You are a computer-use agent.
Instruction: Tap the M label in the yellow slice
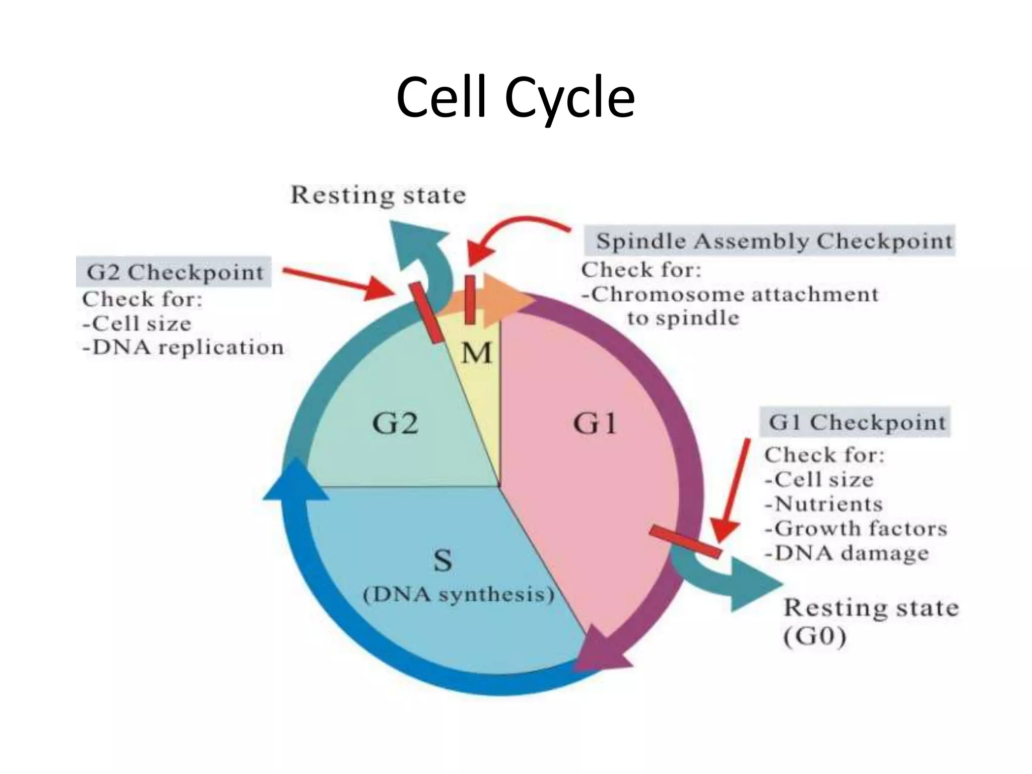coord(476,353)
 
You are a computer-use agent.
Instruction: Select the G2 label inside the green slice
coord(395,423)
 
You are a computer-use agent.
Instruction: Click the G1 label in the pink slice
coord(595,423)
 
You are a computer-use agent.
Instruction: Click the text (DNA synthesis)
coord(458,595)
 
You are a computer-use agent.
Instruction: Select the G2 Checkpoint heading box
coord(174,272)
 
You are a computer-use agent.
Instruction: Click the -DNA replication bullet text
coord(183,348)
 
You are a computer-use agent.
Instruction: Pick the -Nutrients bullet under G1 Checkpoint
coord(823,504)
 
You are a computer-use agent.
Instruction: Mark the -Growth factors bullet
coord(856,529)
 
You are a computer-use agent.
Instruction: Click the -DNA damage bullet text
coord(847,553)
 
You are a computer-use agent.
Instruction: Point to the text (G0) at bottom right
coord(815,637)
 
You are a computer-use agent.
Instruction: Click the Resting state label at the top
coord(378,196)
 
